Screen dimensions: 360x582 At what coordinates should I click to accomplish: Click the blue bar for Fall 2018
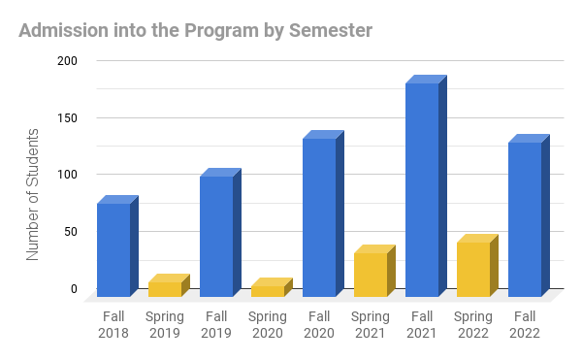[x=113, y=249]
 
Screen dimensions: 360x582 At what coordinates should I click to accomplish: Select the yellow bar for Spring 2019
[x=165, y=288]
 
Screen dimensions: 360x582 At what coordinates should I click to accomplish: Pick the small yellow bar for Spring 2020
[x=268, y=290]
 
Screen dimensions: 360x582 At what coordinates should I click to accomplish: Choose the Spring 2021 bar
[x=371, y=274]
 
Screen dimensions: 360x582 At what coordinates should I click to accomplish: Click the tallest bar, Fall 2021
[x=422, y=189]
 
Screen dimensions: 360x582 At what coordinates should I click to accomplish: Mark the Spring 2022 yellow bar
[x=473, y=269]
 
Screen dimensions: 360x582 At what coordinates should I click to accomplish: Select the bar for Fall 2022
[x=525, y=219]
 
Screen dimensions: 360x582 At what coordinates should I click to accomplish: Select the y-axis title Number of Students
[x=32, y=194]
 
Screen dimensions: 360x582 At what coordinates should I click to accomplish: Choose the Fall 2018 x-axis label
[x=113, y=324]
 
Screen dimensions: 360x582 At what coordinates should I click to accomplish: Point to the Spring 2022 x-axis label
[x=473, y=324]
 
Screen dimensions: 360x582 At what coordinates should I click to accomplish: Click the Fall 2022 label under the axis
[x=525, y=324]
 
